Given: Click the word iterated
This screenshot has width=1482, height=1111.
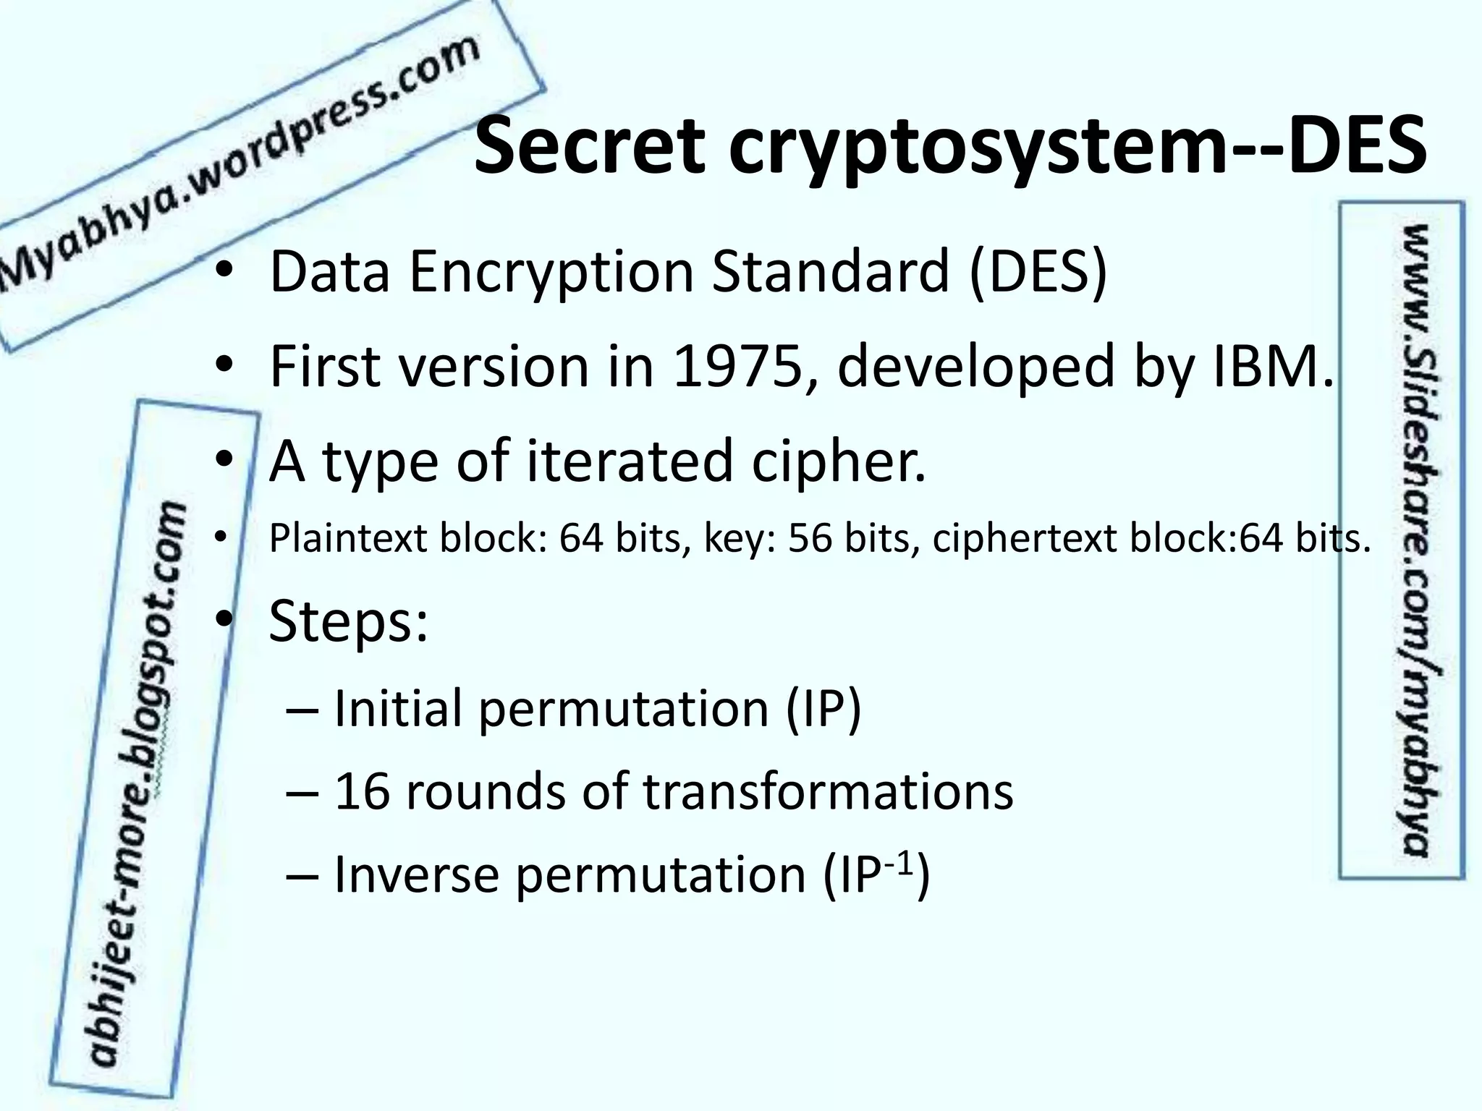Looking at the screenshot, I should (x=630, y=461).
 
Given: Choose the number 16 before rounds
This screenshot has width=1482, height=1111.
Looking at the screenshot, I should (x=362, y=791).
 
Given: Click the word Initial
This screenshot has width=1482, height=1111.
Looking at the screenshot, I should (x=398, y=708).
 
